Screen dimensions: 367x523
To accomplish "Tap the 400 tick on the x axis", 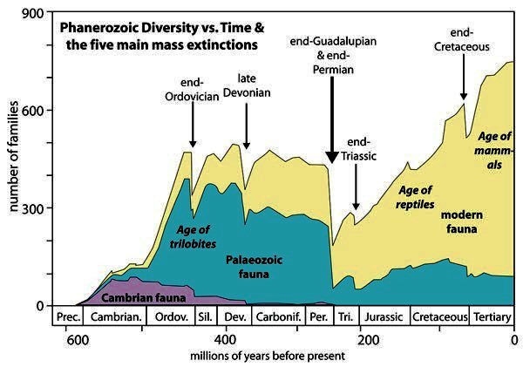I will click(x=225, y=339).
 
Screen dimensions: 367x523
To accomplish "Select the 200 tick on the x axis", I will click(x=370, y=339).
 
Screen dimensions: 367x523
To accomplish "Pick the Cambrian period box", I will click(x=114, y=316).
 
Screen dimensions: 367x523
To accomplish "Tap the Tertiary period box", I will click(x=492, y=316).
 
